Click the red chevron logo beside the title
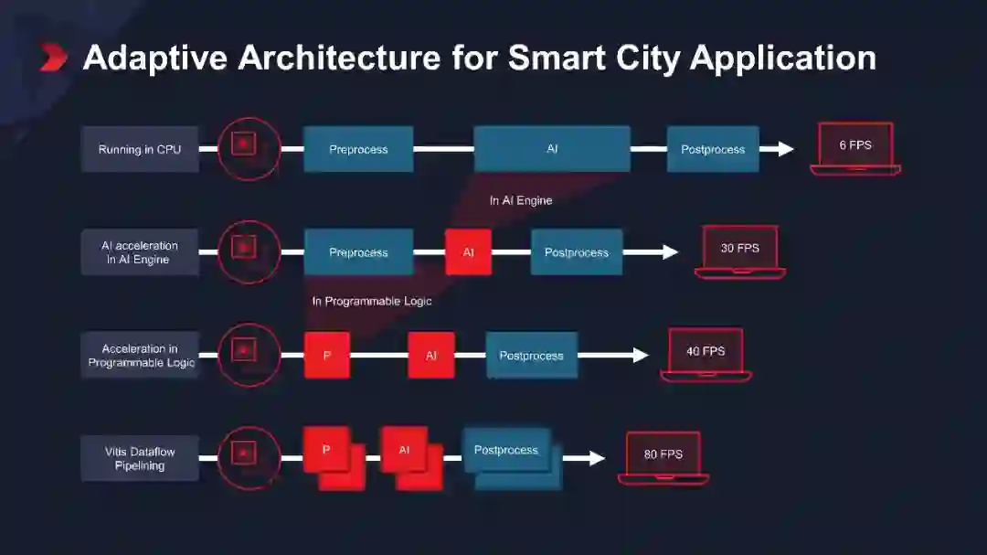[x=54, y=58]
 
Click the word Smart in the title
[x=555, y=58]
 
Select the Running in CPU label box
[x=140, y=149]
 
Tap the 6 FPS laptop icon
[x=854, y=147]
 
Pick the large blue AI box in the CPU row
[x=552, y=148]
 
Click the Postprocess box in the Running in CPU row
[x=713, y=149]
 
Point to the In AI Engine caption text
[x=521, y=200]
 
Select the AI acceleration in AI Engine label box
[x=140, y=252]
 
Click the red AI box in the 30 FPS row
[x=468, y=252]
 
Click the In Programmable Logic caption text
[x=372, y=301]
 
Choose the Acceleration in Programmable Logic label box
[x=140, y=356]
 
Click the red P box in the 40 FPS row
[x=326, y=356]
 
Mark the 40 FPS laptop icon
[x=706, y=353]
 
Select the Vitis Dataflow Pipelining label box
[x=140, y=458]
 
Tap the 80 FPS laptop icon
[x=663, y=456]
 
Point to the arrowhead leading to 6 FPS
[x=785, y=148]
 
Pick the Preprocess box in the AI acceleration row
[x=358, y=252]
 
